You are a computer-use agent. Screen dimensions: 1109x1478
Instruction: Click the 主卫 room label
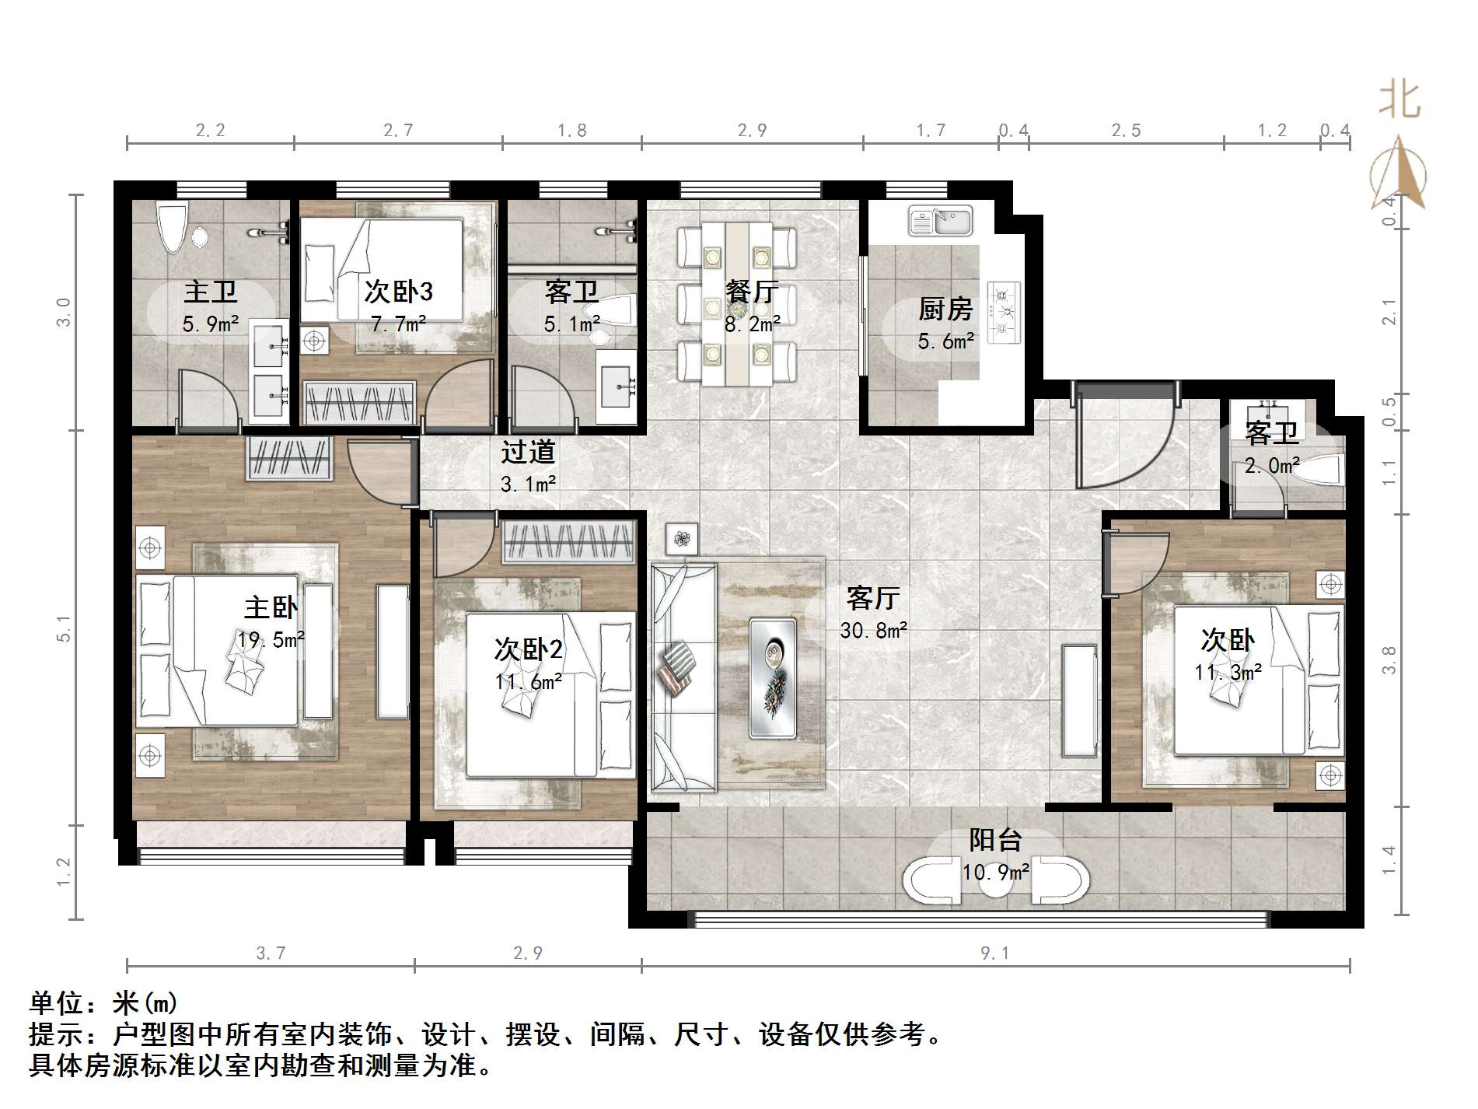click(x=210, y=292)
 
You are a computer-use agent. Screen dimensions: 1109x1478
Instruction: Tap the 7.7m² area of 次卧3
click(x=397, y=324)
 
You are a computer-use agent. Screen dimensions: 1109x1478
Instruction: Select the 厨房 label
click(x=945, y=310)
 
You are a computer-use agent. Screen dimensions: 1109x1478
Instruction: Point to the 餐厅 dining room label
click(x=751, y=292)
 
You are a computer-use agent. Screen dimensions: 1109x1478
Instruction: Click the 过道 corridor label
click(x=528, y=452)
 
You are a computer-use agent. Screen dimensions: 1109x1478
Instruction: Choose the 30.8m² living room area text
click(x=873, y=630)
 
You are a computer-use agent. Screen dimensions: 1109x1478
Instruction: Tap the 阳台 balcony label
click(x=995, y=841)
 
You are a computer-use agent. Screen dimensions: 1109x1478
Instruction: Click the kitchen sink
click(x=941, y=220)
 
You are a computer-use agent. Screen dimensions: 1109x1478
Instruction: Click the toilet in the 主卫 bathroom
click(x=172, y=226)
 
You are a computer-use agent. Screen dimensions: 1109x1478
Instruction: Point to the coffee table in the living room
click(x=772, y=677)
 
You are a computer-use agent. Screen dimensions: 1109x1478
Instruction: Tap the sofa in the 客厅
click(x=683, y=677)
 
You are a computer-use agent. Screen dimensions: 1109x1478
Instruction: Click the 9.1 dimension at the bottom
click(x=994, y=953)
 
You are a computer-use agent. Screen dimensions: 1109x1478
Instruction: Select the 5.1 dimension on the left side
click(x=65, y=628)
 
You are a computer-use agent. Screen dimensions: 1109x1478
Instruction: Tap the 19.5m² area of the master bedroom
click(x=270, y=640)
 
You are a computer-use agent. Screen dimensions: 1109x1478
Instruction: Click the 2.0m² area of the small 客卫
click(x=1272, y=466)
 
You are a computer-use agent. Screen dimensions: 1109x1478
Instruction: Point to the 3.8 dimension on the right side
click(x=1389, y=660)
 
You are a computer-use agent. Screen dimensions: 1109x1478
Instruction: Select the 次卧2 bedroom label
click(x=529, y=649)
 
